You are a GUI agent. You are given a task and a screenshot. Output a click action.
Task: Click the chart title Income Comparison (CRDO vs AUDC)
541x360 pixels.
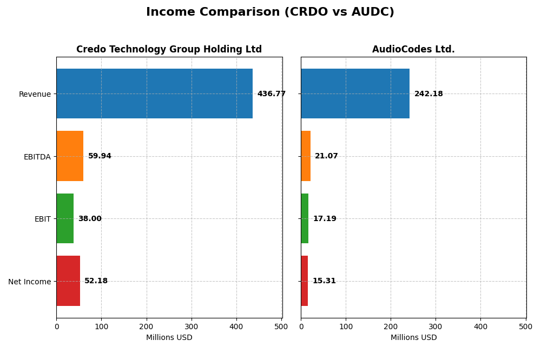[270, 12]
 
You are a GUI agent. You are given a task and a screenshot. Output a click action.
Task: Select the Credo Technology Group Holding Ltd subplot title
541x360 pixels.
[169, 49]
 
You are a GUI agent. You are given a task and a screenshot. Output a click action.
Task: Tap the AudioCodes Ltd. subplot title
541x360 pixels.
[413, 49]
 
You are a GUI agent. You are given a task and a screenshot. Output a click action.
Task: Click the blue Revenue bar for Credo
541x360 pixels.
[154, 94]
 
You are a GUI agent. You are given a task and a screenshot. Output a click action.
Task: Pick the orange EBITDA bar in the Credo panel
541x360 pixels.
[70, 156]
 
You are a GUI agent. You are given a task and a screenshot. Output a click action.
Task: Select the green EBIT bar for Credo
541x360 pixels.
[65, 218]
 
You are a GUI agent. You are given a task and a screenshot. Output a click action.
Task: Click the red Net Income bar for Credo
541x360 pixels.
[68, 281]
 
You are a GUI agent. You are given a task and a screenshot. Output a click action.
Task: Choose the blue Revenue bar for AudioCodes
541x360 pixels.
[355, 94]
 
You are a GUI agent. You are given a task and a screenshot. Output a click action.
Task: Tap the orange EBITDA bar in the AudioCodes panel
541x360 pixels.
[306, 156]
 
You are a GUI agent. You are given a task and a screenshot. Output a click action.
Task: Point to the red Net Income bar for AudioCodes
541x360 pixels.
[305, 281]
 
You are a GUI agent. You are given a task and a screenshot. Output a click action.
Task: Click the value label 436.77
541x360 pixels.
[271, 94]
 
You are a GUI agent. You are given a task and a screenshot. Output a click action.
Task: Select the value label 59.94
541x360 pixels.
[100, 156]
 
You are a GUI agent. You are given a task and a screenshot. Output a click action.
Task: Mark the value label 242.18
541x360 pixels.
[428, 94]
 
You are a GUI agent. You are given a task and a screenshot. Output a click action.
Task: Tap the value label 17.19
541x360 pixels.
[325, 219]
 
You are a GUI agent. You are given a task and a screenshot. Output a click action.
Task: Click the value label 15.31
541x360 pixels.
[324, 281]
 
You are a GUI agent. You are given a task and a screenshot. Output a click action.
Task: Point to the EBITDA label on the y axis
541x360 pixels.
[37, 157]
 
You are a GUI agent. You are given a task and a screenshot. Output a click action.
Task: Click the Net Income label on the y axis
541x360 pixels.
[29, 282]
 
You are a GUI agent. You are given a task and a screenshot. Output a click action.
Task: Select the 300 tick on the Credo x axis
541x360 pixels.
[191, 326]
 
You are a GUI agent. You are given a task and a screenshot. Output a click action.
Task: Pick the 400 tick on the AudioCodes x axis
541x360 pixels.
[480, 326]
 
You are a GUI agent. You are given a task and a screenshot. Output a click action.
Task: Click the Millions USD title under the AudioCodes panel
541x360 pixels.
[413, 338]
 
